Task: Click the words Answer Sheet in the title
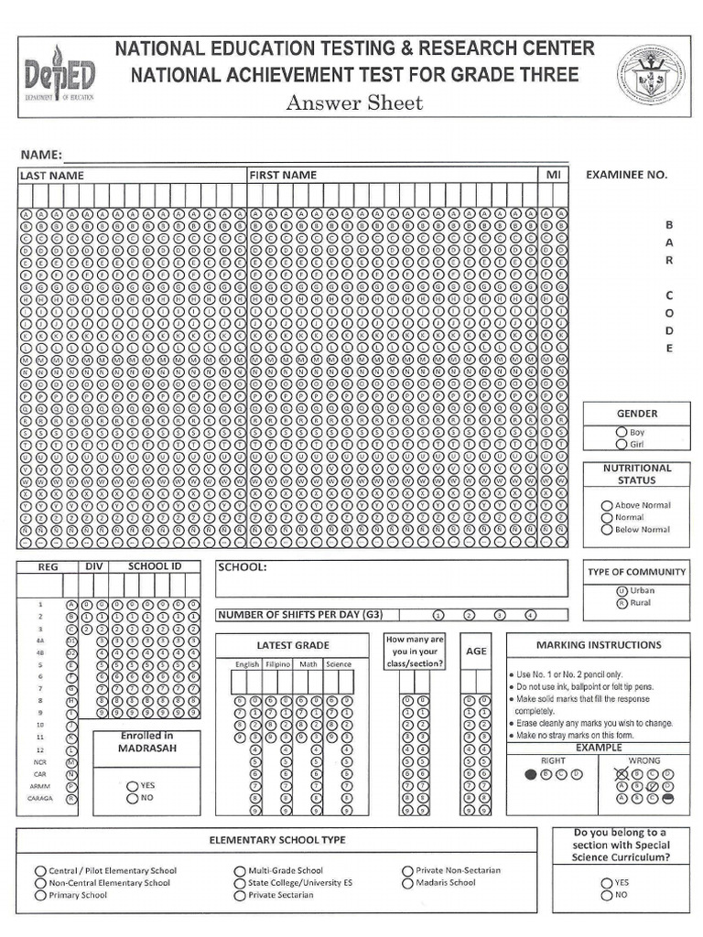(354, 102)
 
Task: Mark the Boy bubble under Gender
(622, 432)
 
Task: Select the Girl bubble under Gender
(622, 445)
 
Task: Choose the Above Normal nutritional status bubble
(606, 505)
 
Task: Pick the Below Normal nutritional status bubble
(606, 529)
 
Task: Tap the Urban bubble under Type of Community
(622, 590)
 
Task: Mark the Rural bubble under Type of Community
(622, 603)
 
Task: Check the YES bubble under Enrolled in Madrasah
(133, 785)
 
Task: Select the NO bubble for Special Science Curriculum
(606, 895)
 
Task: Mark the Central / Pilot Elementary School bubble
(40, 870)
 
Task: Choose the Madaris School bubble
(408, 883)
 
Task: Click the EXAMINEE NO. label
(626, 174)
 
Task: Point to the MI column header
(553, 175)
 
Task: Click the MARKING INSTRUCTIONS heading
(598, 644)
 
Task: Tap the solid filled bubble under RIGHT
(531, 774)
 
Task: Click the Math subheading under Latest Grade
(308, 663)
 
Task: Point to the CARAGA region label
(40, 798)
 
